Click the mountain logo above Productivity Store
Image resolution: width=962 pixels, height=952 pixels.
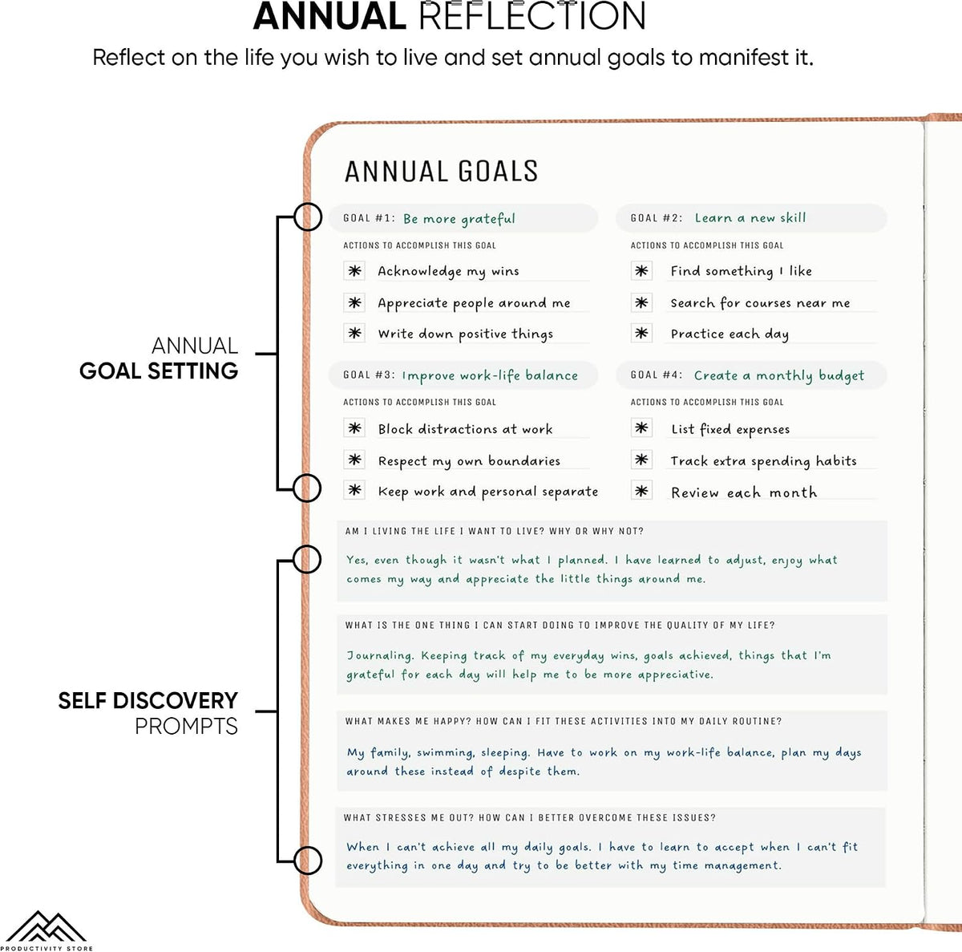pyautogui.click(x=46, y=926)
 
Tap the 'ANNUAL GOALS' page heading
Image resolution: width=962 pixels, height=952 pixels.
pyautogui.click(x=441, y=172)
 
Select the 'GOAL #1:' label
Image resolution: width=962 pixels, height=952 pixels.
pyautogui.click(x=369, y=218)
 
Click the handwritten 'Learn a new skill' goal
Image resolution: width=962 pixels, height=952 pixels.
pyautogui.click(x=750, y=218)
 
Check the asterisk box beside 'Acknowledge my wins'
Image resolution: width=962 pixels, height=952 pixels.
pyautogui.click(x=354, y=271)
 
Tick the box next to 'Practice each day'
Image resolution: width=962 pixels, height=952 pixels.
pyautogui.click(x=641, y=333)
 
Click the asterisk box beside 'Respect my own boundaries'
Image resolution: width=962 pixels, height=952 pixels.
pyautogui.click(x=354, y=460)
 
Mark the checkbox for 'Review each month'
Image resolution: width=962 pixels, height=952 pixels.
pyautogui.click(x=641, y=491)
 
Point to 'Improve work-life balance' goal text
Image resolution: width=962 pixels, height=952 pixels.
pyautogui.click(x=491, y=375)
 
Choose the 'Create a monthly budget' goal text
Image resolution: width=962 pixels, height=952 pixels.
pyautogui.click(x=778, y=375)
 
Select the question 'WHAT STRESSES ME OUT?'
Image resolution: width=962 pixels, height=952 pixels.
pyautogui.click(x=408, y=817)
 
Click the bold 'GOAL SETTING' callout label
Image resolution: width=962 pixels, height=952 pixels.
pyautogui.click(x=159, y=371)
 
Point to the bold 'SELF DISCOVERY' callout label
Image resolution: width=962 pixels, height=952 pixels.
pyautogui.click(x=148, y=701)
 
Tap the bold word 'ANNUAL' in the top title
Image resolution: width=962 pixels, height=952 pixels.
pyautogui.click(x=329, y=17)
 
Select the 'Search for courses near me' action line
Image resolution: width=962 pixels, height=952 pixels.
pyautogui.click(x=760, y=303)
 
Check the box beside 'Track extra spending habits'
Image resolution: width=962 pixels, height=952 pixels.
pyautogui.click(x=641, y=460)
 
